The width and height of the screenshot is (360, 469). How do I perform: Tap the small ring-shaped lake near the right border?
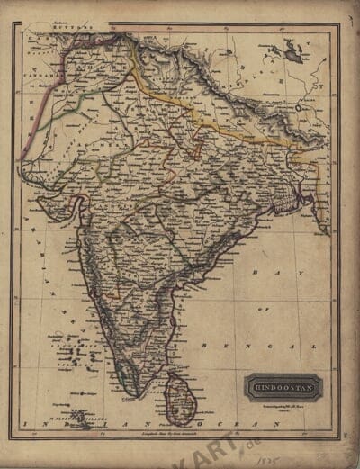point(301,106)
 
